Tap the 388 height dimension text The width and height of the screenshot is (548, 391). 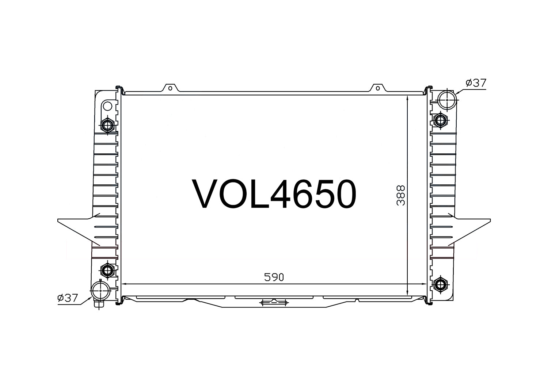[401, 195]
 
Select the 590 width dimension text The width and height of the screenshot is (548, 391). [274, 277]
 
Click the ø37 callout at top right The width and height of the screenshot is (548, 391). [476, 83]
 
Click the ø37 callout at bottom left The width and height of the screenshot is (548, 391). [67, 298]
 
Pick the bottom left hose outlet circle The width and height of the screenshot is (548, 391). [100, 291]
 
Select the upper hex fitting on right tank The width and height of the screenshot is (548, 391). [440, 120]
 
